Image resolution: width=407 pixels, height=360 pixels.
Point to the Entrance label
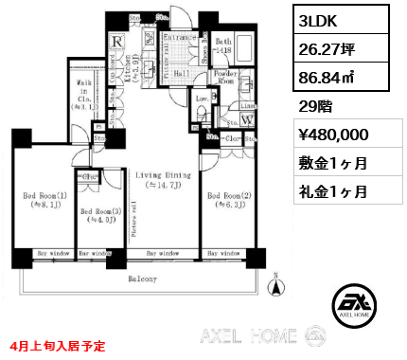(181, 39)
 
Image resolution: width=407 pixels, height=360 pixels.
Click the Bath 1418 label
(223, 45)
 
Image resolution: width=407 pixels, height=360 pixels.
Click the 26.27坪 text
(325, 48)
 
